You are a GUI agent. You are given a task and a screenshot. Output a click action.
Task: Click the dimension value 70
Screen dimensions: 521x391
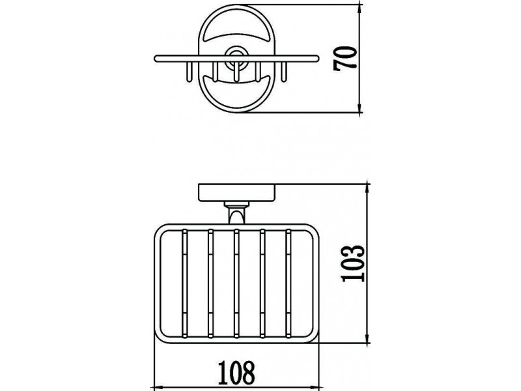[345, 59]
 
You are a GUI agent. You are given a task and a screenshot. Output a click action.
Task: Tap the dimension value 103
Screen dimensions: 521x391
[353, 264]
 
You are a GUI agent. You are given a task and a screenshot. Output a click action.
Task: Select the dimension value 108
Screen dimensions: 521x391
[236, 372]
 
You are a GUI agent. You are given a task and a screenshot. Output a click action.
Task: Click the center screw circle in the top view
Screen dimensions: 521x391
[236, 58]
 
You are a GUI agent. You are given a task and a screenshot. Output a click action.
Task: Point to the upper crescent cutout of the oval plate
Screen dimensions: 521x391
[236, 35]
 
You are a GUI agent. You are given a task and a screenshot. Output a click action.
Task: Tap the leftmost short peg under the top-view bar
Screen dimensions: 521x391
[189, 72]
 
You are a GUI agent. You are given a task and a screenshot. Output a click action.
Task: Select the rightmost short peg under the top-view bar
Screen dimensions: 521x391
[284, 72]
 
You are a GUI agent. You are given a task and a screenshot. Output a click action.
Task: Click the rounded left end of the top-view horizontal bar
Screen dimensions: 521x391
[156, 59]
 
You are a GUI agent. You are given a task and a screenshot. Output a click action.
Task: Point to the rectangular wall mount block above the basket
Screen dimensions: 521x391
[236, 192]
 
